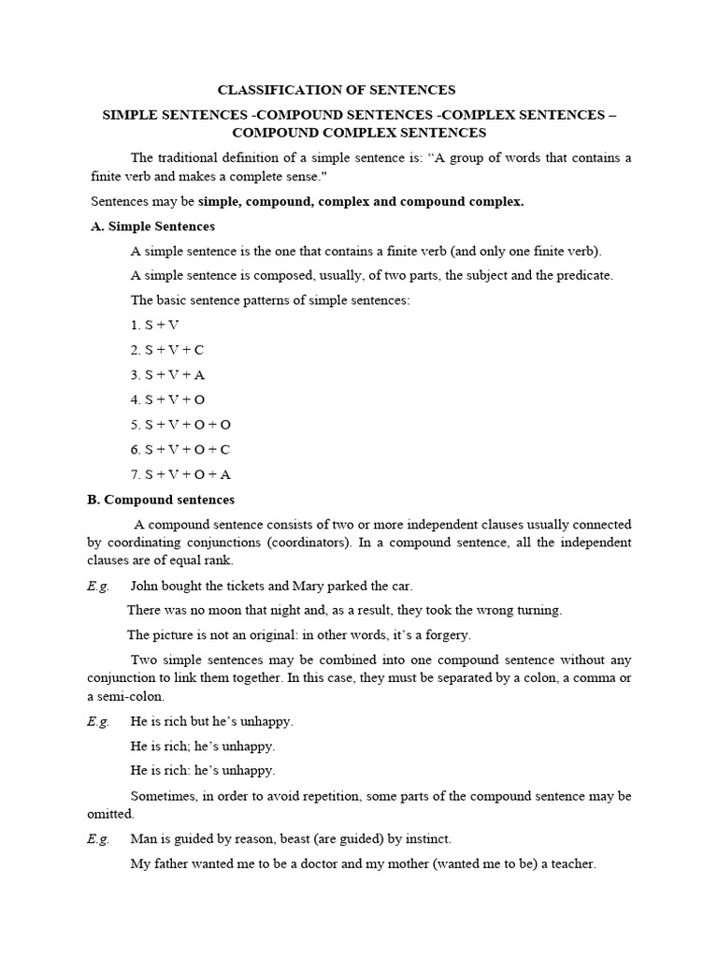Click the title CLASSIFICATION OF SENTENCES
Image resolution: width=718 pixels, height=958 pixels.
[337, 90]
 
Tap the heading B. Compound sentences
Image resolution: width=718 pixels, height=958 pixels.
[161, 500]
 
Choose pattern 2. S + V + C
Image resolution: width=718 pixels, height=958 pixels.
[167, 349]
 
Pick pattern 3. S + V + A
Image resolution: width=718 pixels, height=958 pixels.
[167, 374]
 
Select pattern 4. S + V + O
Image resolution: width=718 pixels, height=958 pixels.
[167, 399]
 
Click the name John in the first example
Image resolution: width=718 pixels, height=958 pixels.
[146, 586]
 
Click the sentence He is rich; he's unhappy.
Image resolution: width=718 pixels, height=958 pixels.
[203, 746]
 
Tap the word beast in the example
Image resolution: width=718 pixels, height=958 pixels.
[309, 838]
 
